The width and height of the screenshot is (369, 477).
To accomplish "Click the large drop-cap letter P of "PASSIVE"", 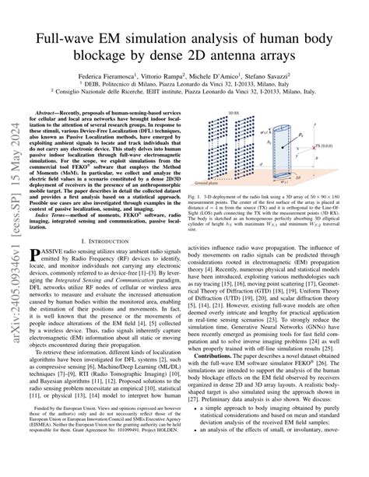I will pyautogui.click(x=37, y=256).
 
